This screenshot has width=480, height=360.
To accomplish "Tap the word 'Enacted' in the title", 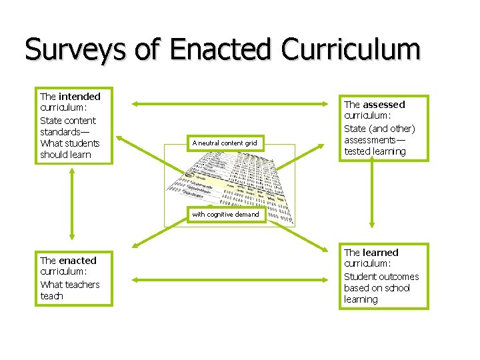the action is [x=221, y=50].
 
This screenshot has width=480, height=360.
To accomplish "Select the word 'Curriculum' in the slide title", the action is [x=351, y=50].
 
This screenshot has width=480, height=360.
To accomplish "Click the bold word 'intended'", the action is [x=79, y=97].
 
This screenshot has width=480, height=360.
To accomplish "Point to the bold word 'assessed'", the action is [x=384, y=105].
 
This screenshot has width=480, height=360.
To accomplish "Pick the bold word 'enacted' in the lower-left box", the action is [x=77, y=261].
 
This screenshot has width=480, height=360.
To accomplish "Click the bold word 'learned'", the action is [x=381, y=253].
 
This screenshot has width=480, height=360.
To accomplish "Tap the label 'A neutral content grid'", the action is [x=224, y=143].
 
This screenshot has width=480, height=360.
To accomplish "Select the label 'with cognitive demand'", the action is [x=225, y=214].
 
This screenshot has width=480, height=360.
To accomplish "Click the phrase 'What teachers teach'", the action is [x=69, y=290].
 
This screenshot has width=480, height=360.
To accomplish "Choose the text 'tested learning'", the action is [x=375, y=151].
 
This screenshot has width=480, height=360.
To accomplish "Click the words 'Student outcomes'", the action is [x=381, y=277].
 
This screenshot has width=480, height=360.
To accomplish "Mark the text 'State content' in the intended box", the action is [x=67, y=121].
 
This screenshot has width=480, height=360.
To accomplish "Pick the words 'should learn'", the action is [x=65, y=155].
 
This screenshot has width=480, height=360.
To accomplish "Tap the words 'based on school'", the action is [x=377, y=288].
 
